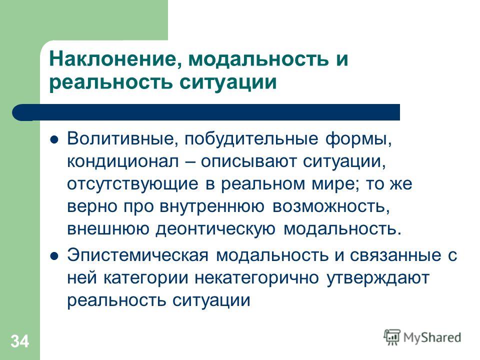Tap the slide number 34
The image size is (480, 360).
click(x=20, y=341)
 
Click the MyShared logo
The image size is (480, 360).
click(x=422, y=337)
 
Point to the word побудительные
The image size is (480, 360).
click(x=251, y=139)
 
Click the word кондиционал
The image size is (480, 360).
click(x=123, y=161)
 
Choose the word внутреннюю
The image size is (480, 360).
click(x=212, y=206)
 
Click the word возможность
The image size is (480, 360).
click(x=331, y=206)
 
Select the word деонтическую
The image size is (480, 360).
click(x=216, y=228)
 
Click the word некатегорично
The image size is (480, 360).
click(x=256, y=278)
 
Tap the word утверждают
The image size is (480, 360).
click(x=378, y=278)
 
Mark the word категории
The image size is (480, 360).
click(x=145, y=278)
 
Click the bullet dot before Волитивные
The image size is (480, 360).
click(x=54, y=140)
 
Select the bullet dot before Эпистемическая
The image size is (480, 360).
click(x=54, y=256)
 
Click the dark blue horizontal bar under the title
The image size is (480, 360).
click(x=206, y=112)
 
